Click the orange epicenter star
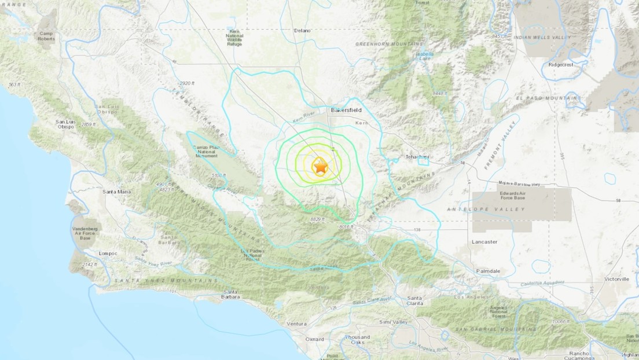click(320, 167)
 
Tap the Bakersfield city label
click(346, 109)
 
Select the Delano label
click(302, 30)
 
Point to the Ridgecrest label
click(561, 65)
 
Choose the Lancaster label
click(484, 242)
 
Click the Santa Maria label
click(116, 192)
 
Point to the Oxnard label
click(315, 339)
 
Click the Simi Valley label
click(393, 322)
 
